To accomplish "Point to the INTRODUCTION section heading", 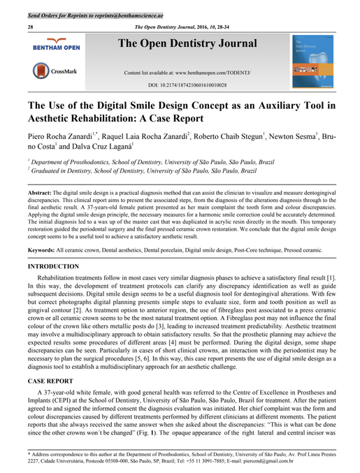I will [x=53, y=267].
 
